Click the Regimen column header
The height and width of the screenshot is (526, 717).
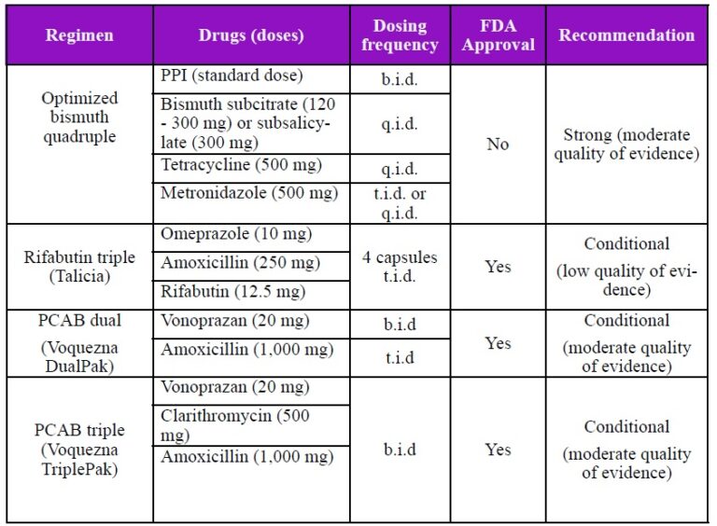pos(80,36)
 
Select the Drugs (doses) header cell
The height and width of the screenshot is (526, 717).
pos(251,36)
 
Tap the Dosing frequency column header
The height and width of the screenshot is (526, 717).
pos(400,36)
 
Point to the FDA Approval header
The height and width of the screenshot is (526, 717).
pos(498,36)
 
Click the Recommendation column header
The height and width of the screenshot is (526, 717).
pos(626,36)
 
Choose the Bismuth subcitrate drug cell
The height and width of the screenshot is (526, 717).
pos(251,122)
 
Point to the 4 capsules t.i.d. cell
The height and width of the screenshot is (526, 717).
pos(400,266)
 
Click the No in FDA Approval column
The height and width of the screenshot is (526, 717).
pos(498,145)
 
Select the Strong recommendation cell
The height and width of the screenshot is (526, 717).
pos(626,145)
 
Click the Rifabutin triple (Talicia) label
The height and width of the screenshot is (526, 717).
pos(80,267)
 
